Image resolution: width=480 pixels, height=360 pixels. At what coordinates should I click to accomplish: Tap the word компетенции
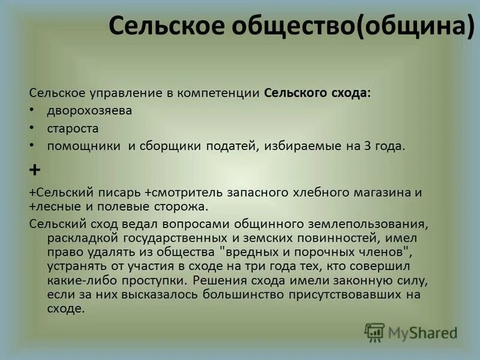coord(224,93)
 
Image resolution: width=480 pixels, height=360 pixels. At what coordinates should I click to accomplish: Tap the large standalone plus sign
coord(35,170)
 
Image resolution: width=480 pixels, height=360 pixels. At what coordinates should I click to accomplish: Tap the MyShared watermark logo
coord(411,331)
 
